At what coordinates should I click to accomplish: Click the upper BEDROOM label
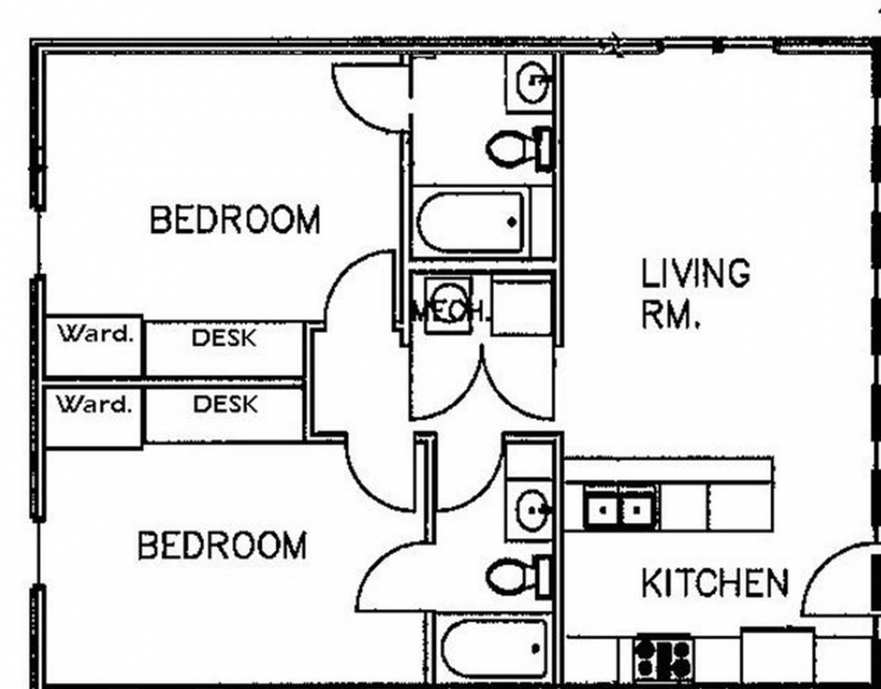point(235,220)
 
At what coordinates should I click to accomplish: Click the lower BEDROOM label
point(222,546)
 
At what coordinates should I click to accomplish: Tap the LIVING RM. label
point(695,293)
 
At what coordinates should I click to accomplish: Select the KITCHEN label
point(715,582)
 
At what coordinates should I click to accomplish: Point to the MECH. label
point(448,311)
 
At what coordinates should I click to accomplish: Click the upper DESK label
point(224,338)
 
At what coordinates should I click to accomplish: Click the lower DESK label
point(225,404)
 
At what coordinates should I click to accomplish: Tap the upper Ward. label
point(95,333)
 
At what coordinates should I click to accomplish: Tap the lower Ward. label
point(95,404)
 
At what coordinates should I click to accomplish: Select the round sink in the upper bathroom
point(533,83)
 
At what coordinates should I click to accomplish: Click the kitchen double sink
point(620,508)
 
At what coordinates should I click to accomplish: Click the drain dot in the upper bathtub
point(512,222)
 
